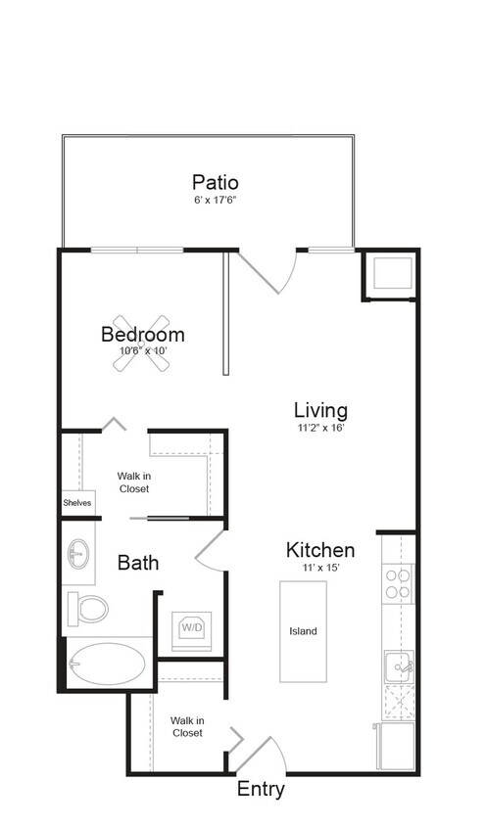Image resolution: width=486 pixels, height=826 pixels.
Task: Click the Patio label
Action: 216,182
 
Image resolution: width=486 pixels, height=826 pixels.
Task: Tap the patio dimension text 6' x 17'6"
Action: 216,201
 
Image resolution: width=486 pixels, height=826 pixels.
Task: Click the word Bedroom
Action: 143,335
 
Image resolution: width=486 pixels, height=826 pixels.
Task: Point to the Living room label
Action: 320,410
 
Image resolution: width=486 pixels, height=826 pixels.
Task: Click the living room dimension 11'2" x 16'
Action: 320,428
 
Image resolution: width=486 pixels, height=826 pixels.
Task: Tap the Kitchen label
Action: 320,550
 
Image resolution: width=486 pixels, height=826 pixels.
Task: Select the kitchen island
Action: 303,631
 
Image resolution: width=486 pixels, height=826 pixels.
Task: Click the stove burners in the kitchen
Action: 398,584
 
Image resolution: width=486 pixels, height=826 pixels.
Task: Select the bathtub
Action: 106,665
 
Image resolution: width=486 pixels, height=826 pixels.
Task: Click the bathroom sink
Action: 78,555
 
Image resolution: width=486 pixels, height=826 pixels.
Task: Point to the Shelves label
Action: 77,503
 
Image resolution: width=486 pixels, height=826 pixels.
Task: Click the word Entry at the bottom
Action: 261,790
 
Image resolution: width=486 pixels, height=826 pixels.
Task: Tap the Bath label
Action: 138,563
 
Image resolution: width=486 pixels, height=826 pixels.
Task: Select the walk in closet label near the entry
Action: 187,726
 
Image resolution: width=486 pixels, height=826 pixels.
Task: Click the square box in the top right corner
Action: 392,274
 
